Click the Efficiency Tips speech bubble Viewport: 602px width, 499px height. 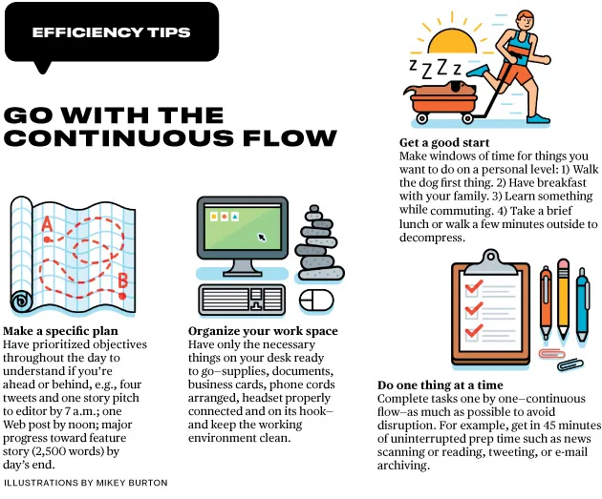click(112, 32)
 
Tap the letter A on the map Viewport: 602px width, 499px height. click(47, 224)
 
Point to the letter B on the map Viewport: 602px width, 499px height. click(122, 281)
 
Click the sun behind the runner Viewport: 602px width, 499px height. click(452, 41)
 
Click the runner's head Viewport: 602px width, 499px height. click(525, 20)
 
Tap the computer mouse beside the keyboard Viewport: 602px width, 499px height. click(316, 301)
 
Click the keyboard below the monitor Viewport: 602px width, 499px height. click(242, 300)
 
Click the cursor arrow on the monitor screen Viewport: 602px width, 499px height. click(262, 238)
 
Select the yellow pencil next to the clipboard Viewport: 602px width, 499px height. click(563, 299)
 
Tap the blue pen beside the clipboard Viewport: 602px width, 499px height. click(583, 304)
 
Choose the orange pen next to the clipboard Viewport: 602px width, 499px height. click(546, 302)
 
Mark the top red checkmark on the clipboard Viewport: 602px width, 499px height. click(474, 286)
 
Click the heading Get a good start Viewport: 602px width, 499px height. click(444, 142)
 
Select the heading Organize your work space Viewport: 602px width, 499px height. click(263, 331)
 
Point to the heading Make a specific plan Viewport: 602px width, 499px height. click(60, 331)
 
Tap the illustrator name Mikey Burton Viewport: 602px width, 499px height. click(132, 483)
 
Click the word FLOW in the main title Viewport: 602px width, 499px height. click(290, 137)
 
